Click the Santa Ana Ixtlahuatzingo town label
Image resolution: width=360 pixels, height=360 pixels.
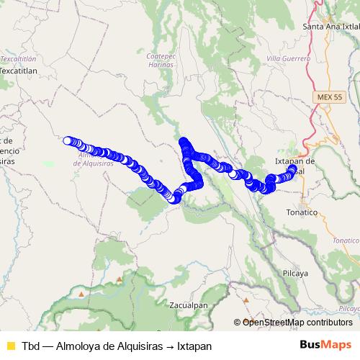[x=331, y=27]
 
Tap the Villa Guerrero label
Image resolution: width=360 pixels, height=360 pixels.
[x=288, y=58]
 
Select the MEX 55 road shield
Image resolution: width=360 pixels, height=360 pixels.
[x=328, y=96]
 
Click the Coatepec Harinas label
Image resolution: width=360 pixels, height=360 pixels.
[x=161, y=59]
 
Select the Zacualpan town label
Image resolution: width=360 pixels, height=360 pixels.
[x=189, y=305]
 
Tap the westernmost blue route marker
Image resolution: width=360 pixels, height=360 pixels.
[x=68, y=141]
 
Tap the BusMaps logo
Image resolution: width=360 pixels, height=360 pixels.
[x=325, y=345]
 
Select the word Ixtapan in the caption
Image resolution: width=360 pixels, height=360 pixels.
[x=194, y=345]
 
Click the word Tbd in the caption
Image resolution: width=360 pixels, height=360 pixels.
[x=32, y=345]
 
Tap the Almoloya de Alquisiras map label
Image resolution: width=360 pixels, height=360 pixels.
[x=94, y=158]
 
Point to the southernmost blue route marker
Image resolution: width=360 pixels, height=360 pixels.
[x=174, y=199]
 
